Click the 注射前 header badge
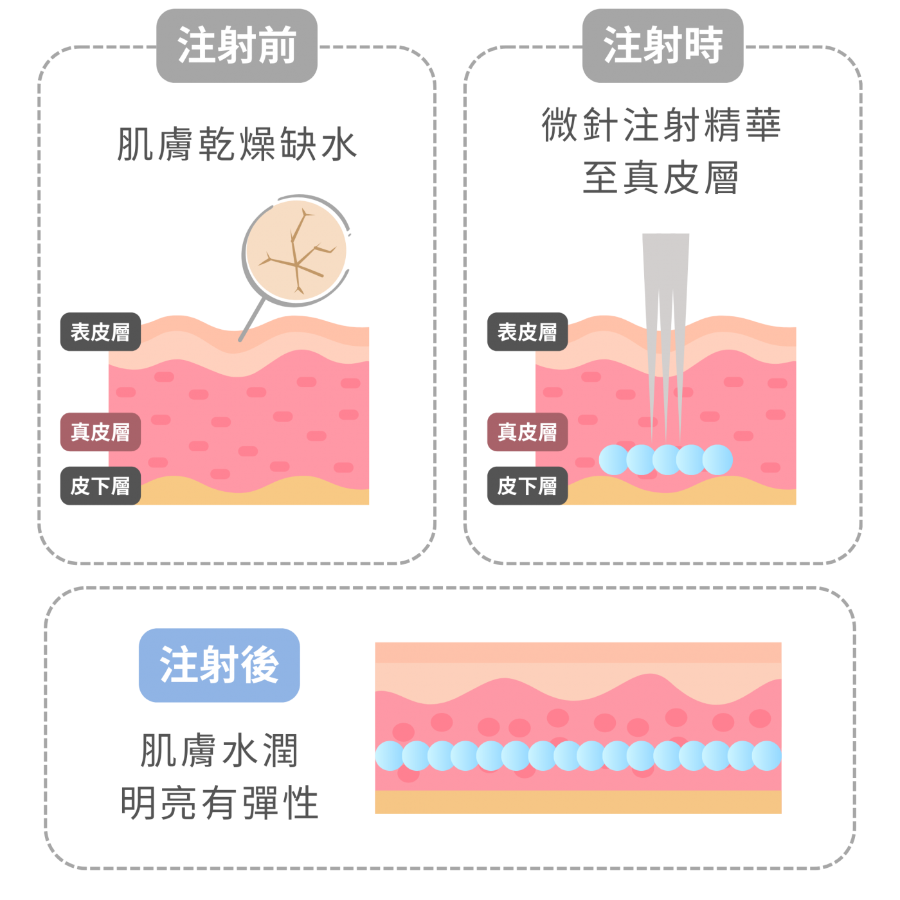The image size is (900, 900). [237, 46]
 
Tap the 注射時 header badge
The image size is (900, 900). [662, 46]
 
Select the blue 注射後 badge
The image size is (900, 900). [219, 665]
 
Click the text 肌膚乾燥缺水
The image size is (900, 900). [237, 144]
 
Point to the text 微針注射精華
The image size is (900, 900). [661, 125]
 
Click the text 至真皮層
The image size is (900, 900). [661, 178]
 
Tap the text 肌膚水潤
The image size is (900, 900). [219, 750]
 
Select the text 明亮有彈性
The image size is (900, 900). [219, 803]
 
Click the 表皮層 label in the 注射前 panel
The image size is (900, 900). [100, 332]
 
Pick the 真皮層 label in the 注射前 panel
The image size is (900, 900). [100, 432]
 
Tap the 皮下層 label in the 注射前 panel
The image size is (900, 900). [100, 486]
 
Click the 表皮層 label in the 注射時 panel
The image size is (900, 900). [527, 332]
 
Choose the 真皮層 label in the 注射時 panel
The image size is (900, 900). [527, 432]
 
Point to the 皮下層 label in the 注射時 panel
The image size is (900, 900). [527, 486]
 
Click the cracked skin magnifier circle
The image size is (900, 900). [296, 251]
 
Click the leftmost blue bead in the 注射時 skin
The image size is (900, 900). [613, 460]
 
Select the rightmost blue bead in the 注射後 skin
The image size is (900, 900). [766, 755]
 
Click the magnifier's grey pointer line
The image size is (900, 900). [252, 319]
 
